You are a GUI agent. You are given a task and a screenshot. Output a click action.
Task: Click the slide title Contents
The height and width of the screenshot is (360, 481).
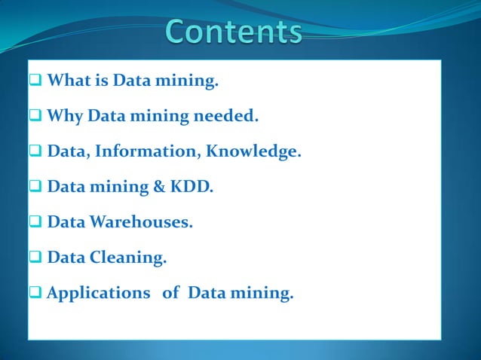(234, 32)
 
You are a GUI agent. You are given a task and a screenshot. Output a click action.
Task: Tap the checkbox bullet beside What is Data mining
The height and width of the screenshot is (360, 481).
(36, 81)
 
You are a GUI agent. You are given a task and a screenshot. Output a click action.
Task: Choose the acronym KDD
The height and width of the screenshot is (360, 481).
(194, 187)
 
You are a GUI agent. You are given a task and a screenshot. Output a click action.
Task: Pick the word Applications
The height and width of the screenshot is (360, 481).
(98, 293)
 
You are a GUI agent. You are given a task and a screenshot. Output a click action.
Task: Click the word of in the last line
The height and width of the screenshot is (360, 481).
(171, 293)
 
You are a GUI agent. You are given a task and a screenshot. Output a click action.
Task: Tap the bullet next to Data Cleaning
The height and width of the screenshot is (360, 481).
(36, 258)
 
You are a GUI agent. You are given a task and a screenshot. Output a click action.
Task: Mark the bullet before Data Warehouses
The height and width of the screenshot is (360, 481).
(36, 222)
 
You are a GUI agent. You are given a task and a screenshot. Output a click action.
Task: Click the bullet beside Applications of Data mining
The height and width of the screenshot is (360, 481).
(36, 293)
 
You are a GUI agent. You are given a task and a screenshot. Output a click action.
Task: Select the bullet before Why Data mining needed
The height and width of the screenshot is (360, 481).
(36, 117)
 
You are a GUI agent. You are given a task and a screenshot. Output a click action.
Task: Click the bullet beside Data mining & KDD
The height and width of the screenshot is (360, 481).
(36, 187)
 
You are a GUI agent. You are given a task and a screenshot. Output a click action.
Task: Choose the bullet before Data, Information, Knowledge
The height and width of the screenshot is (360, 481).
(36, 151)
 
